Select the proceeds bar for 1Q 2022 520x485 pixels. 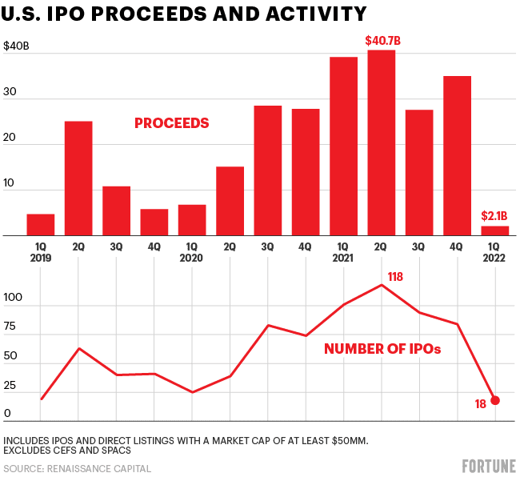tap(494, 230)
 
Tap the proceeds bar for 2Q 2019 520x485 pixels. tap(78, 178)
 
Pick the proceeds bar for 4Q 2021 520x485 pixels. tap(457, 155)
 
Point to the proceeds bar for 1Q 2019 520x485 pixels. tap(40, 225)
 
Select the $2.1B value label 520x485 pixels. tap(494, 216)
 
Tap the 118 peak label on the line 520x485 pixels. tap(395, 276)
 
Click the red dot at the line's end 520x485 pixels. tap(495, 400)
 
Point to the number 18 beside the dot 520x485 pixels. tap(480, 404)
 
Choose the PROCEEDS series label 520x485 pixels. tap(171, 123)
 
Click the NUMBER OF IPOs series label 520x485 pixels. tap(382, 349)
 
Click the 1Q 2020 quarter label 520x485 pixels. tap(192, 253)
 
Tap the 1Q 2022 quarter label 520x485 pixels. tap(495, 253)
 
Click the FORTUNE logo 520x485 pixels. tap(488, 467)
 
